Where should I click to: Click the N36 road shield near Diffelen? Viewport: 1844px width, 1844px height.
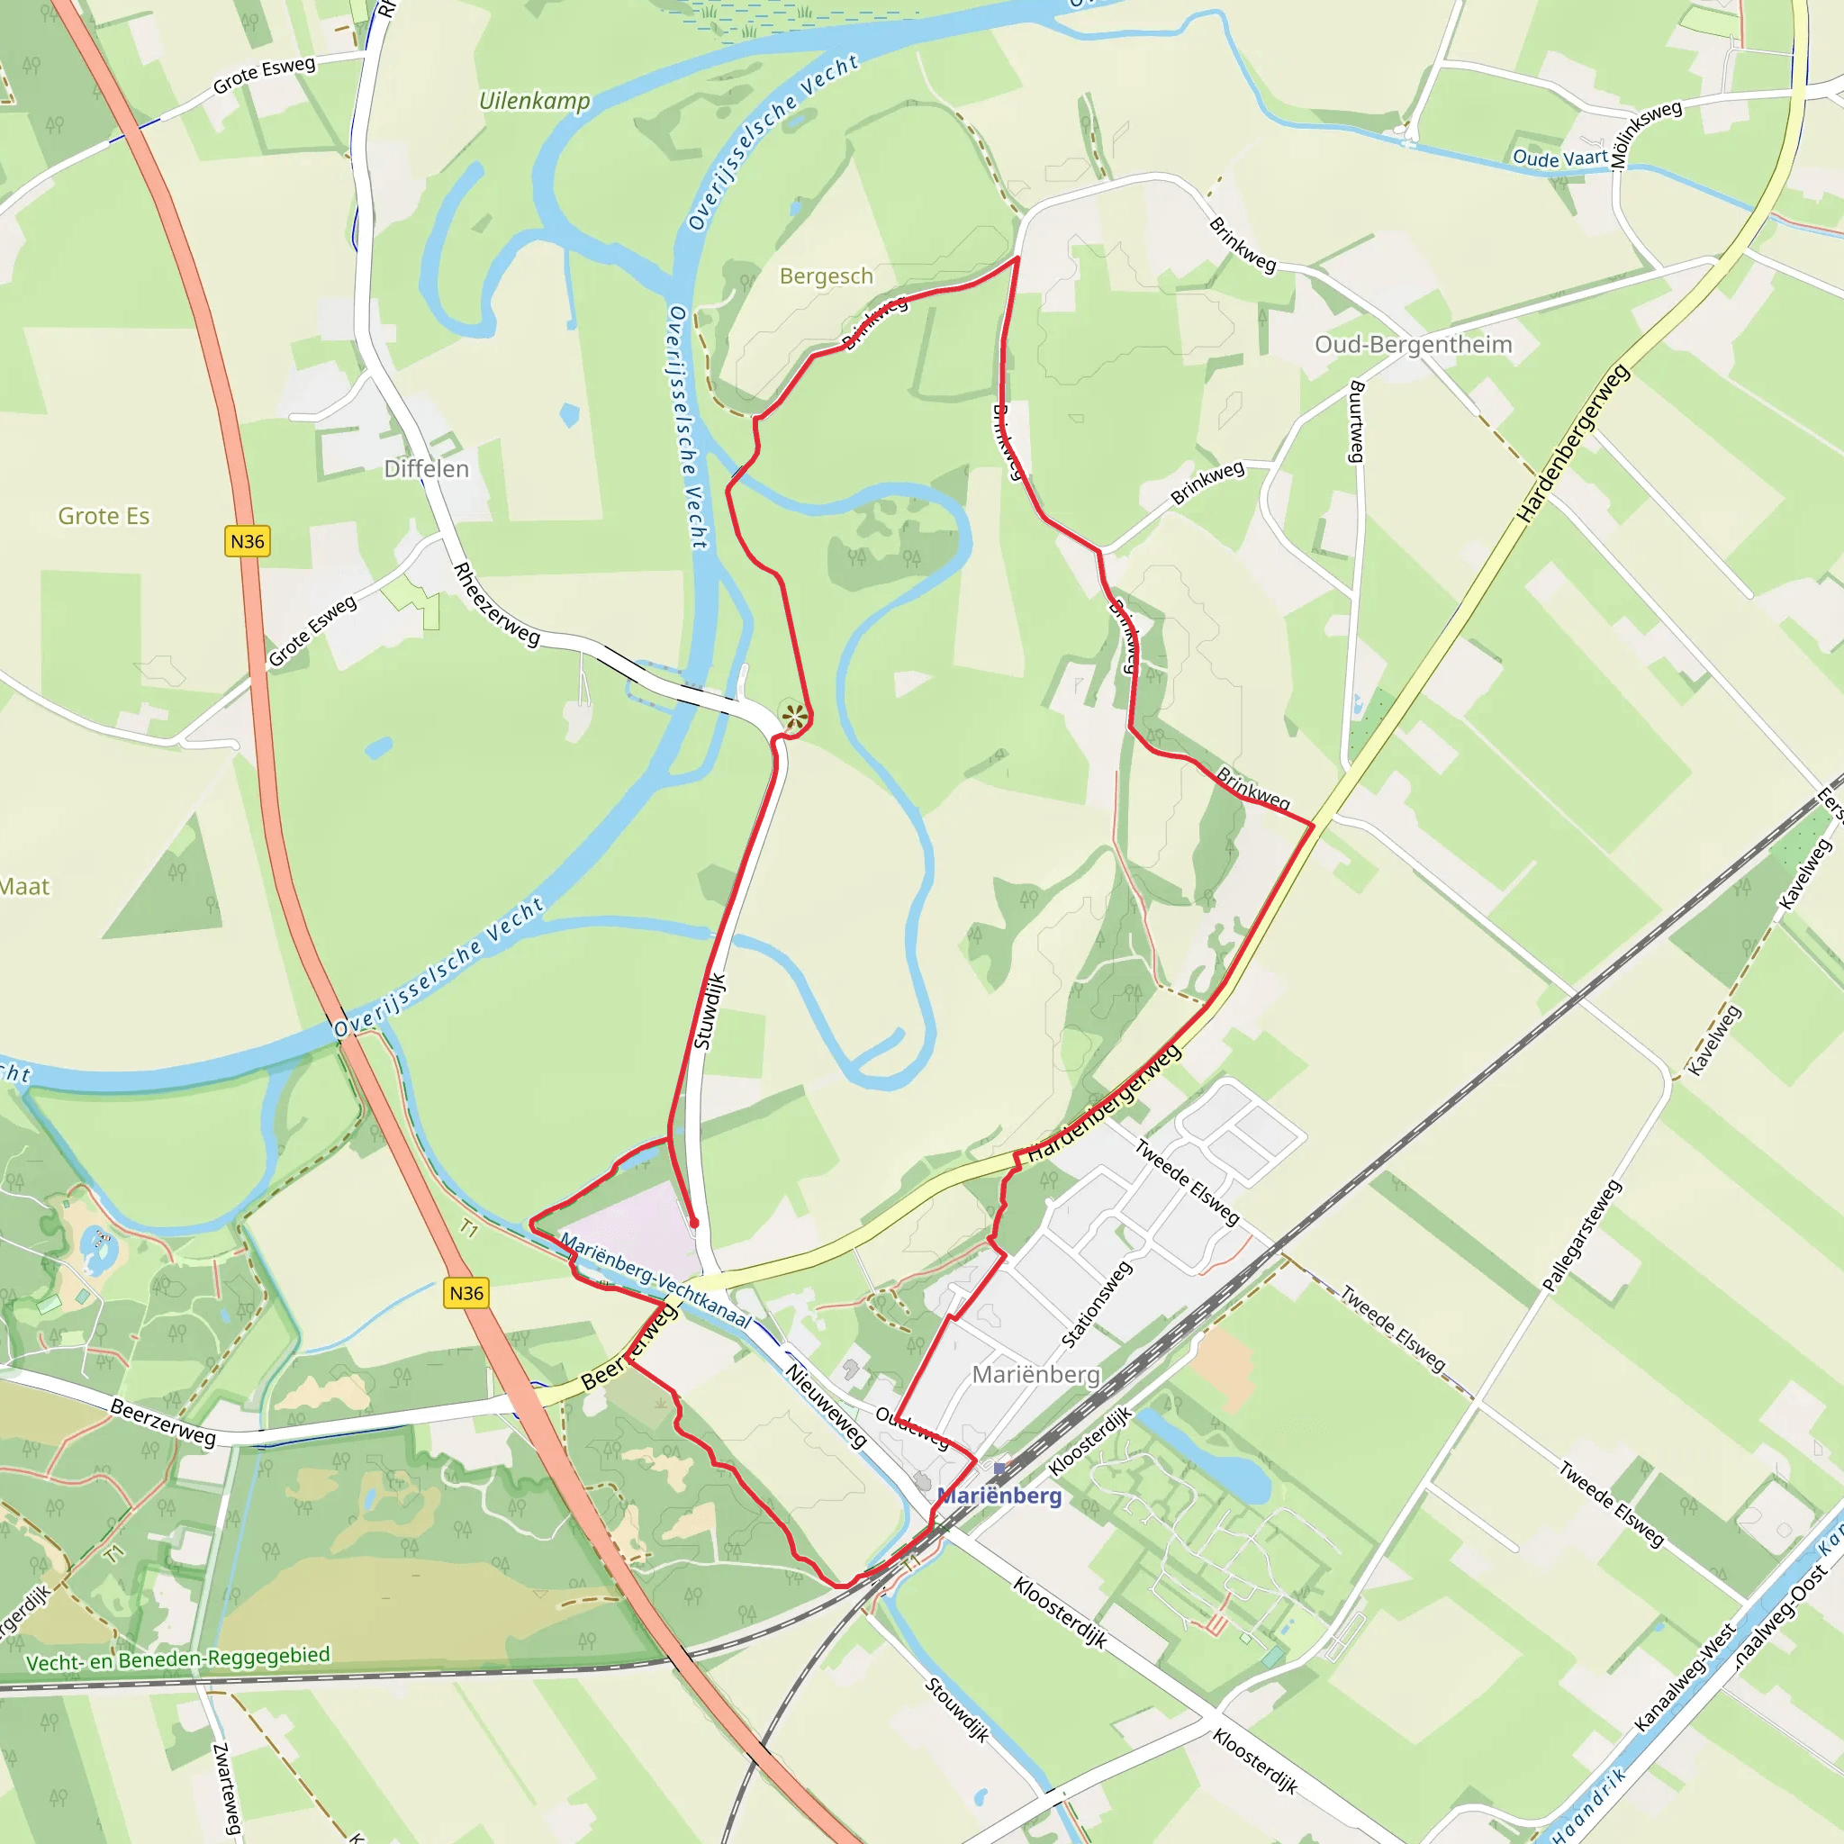coord(248,541)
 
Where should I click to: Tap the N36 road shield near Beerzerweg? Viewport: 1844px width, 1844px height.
coord(466,1292)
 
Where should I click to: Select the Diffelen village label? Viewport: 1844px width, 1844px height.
coord(427,468)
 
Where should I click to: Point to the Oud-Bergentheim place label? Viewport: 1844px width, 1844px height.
coord(1414,345)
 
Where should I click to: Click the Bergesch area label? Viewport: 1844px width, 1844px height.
coord(827,276)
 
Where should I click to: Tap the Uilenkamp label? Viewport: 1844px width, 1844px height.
coord(535,101)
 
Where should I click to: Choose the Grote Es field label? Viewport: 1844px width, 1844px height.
coord(104,516)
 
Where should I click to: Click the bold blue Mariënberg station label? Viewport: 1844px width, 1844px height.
coord(1000,1495)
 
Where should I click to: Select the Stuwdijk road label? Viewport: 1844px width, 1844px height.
coord(710,1012)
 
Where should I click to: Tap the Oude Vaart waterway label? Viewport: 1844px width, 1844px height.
coord(1559,158)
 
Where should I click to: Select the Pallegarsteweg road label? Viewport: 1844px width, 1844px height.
coord(1583,1236)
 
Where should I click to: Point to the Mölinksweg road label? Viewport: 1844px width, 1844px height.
coord(1646,134)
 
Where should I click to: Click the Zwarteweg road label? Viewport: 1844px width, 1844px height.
coord(227,1789)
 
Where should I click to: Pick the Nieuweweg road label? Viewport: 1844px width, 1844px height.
coord(827,1405)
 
